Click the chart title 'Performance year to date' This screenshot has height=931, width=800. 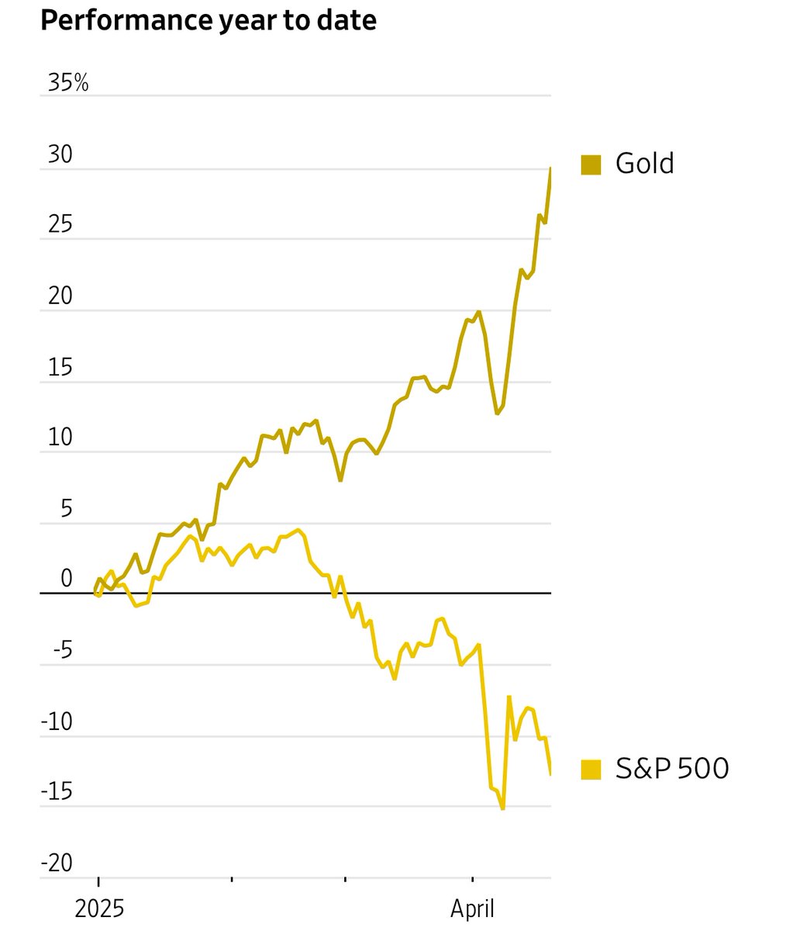(208, 21)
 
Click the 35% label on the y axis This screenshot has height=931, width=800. (68, 83)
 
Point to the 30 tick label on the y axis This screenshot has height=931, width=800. (60, 155)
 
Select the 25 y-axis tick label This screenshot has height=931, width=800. (60, 225)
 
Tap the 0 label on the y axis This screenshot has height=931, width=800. (66, 579)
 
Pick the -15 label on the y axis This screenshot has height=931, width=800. (57, 792)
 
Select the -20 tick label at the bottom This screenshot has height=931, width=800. (57, 864)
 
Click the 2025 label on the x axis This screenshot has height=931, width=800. (99, 909)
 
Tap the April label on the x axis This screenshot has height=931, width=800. (472, 909)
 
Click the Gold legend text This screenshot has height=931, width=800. (644, 164)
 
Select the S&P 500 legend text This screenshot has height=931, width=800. (671, 769)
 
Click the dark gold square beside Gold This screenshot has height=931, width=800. (591, 164)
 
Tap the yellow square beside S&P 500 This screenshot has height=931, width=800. (591, 770)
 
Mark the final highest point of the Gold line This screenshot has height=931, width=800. (550, 168)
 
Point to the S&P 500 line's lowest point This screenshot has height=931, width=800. (503, 808)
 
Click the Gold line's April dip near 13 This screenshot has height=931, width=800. (498, 414)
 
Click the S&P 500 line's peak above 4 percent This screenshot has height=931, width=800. (298, 531)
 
